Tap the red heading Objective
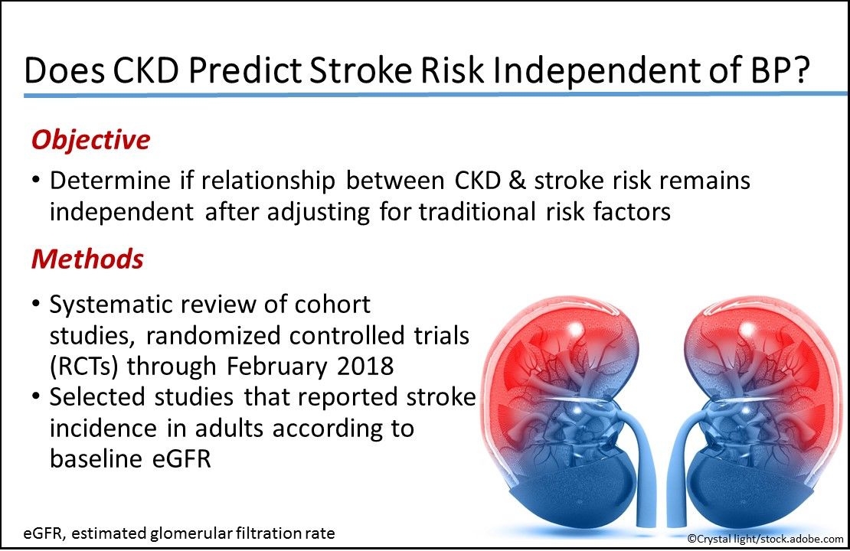click(90, 140)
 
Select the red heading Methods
click(87, 259)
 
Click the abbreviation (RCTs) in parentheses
click(84, 366)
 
